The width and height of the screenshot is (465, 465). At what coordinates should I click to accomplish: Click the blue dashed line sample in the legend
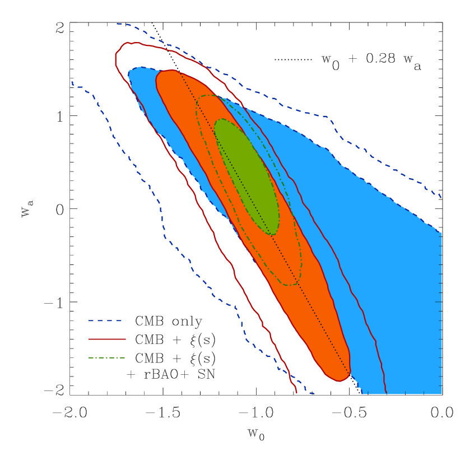coord(107,320)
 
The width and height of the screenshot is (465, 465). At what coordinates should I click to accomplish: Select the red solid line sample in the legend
coord(107,339)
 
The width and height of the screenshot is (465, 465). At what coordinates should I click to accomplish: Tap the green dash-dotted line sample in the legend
coord(107,357)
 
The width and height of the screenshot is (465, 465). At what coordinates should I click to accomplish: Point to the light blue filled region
coord(392,280)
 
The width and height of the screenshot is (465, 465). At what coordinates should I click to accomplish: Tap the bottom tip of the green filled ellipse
coord(272,235)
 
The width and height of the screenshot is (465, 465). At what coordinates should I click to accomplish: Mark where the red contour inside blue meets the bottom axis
coord(386,393)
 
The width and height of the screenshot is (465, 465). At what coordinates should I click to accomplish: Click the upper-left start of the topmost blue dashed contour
coord(117,24)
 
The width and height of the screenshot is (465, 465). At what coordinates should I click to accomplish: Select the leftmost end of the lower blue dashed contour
coord(72,83)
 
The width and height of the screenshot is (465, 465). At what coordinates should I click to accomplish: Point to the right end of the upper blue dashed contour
coord(441,197)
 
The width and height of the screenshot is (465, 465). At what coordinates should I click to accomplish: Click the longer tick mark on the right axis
coord(438,302)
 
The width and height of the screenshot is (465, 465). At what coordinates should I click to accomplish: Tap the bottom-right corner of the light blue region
coord(441,393)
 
